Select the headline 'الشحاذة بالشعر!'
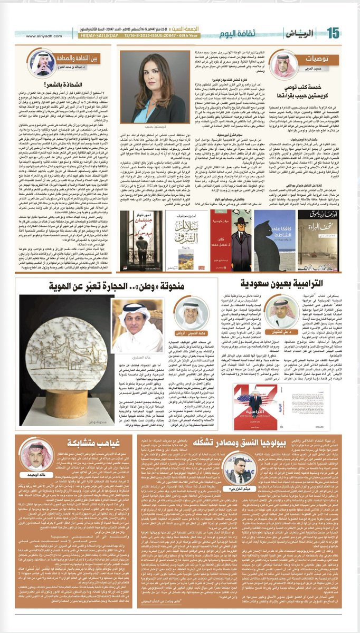pos(50,84)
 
